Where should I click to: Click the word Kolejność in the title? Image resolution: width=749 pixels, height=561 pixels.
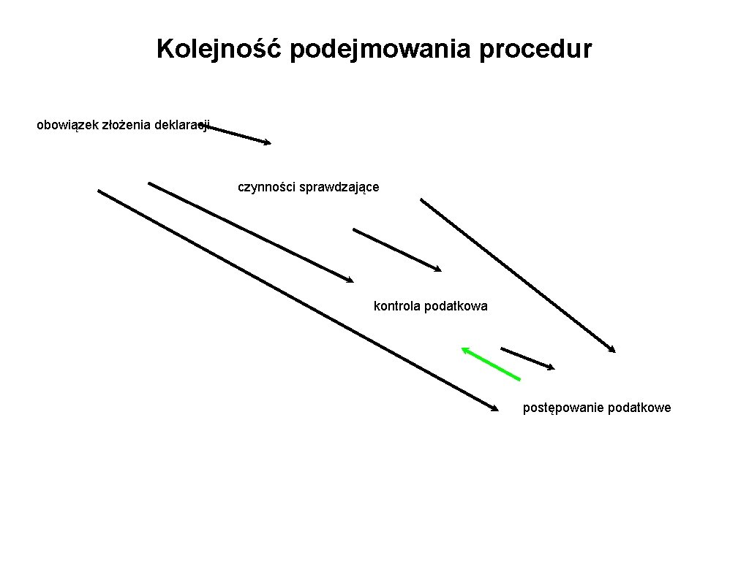(219, 50)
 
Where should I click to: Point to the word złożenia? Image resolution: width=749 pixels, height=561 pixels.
(126, 126)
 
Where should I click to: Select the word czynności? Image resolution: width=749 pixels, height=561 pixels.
(266, 187)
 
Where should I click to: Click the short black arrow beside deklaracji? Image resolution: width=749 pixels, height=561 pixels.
(238, 136)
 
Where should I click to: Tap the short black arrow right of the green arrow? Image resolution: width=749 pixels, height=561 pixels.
(527, 358)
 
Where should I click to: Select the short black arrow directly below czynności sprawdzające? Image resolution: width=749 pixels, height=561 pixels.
(397, 250)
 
